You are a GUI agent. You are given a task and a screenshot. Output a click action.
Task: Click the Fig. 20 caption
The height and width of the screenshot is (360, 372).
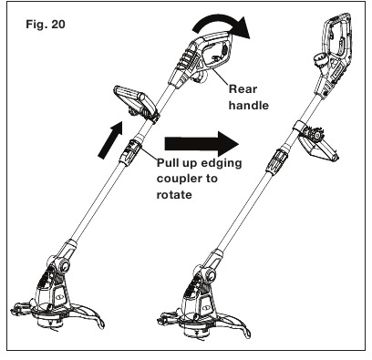coord(46,24)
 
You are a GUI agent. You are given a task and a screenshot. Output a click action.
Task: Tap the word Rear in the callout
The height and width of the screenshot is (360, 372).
coord(243,89)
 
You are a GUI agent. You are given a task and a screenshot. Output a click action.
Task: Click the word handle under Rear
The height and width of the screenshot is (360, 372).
coord(249,105)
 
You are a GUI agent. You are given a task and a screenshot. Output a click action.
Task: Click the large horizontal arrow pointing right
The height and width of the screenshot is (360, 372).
coord(201,144)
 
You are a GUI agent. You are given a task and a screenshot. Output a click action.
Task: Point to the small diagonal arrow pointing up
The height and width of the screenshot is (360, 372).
coord(110,139)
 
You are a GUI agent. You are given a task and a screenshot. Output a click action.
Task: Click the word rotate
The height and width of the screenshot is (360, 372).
coord(174,194)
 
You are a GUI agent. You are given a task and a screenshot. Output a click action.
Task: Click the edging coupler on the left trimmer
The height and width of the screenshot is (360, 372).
coord(130,152)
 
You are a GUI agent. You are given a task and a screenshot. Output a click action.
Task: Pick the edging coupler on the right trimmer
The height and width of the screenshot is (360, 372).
coord(277,160)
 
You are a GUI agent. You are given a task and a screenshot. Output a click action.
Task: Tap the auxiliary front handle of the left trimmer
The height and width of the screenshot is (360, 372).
coord(135,104)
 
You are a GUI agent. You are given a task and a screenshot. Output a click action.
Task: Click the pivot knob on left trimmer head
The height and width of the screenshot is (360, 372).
coord(64,265)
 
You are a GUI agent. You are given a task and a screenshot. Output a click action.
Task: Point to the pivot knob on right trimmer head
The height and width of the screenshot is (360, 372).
coord(210,275)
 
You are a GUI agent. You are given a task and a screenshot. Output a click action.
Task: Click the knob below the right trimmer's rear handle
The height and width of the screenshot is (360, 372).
coord(320,62)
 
